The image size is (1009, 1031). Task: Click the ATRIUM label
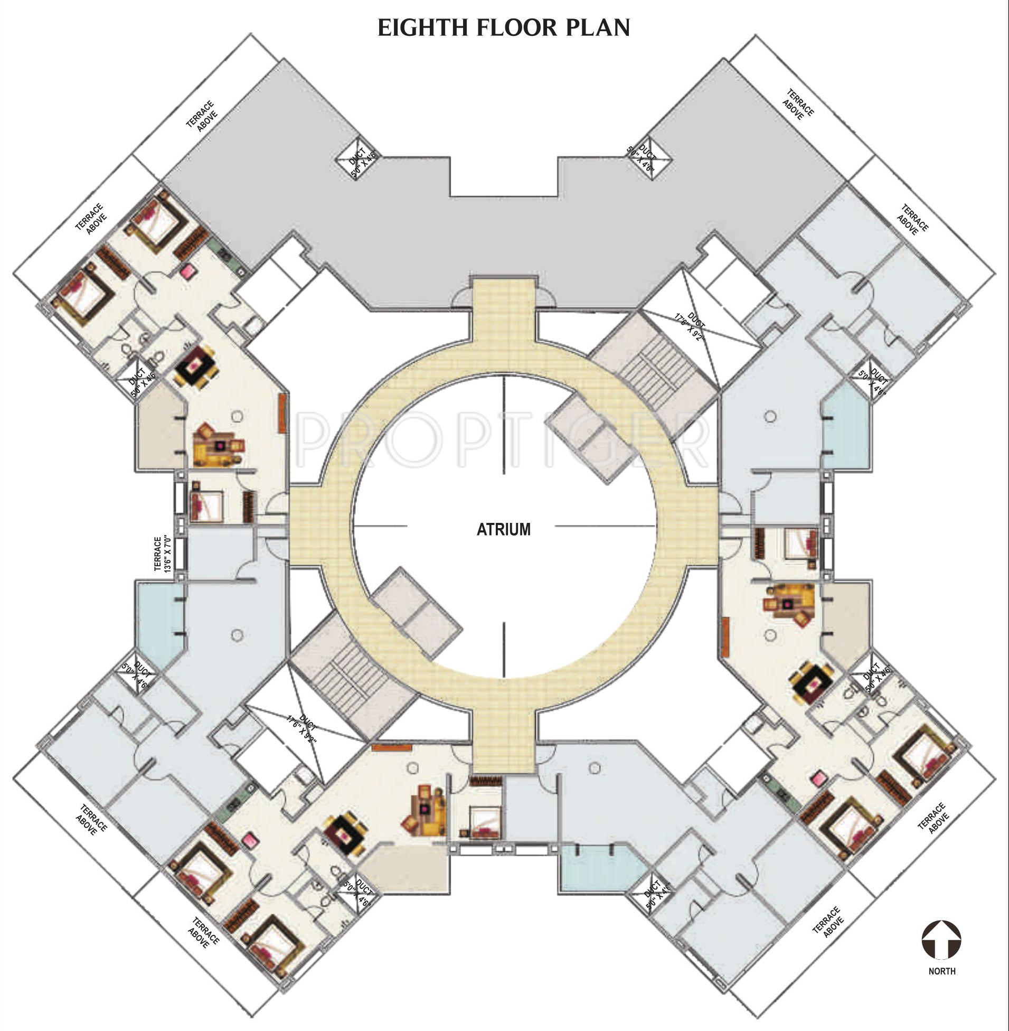click(x=503, y=529)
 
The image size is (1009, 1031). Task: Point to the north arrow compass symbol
click(x=941, y=939)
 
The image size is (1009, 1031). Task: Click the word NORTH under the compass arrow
click(x=942, y=971)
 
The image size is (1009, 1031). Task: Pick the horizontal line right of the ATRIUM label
click(x=604, y=526)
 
